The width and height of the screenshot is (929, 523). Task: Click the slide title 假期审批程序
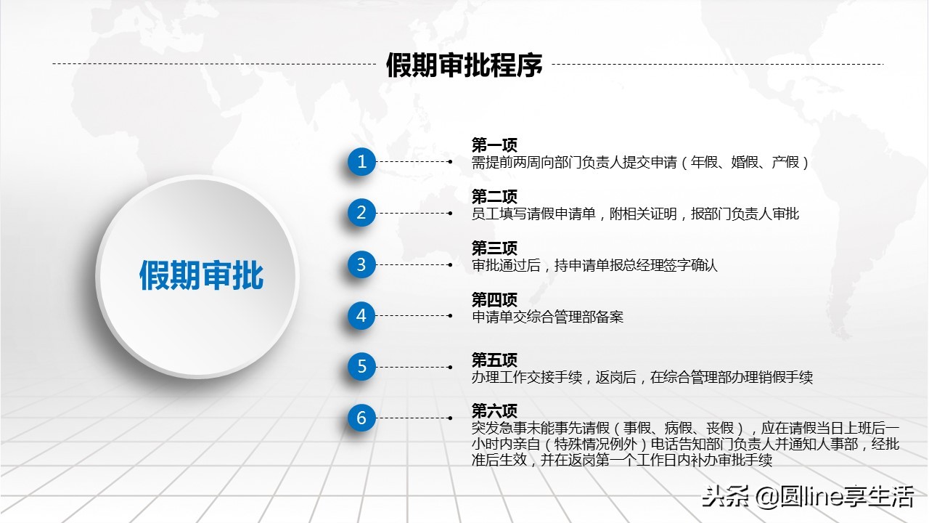(464, 65)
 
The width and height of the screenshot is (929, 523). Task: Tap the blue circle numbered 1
(361, 161)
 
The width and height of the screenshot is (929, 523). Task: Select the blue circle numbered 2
(361, 213)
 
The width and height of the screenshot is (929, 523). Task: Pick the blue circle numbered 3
(361, 264)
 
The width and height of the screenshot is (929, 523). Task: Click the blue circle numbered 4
(361, 316)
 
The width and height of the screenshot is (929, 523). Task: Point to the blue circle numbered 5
(361, 367)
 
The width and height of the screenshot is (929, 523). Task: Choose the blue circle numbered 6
(361, 418)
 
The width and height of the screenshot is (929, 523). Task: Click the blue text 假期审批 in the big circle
(201, 276)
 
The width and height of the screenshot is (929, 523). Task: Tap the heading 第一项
(494, 145)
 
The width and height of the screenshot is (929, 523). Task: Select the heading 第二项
(494, 197)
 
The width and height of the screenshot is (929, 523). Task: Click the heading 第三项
(494, 248)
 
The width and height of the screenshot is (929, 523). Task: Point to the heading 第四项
(494, 300)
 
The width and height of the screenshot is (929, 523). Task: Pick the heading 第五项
(494, 360)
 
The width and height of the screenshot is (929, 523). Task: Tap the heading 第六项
(494, 411)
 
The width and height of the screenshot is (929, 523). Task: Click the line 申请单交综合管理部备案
(547, 317)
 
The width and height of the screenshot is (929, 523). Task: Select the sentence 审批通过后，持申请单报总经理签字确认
(594, 265)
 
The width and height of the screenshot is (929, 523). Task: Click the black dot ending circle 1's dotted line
(451, 162)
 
